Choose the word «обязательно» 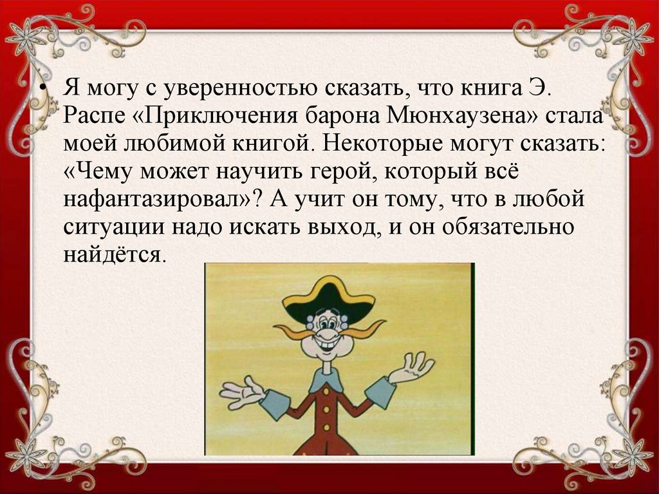[508, 227]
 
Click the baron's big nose [328, 335]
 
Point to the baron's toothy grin [329, 346]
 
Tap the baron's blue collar [326, 381]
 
